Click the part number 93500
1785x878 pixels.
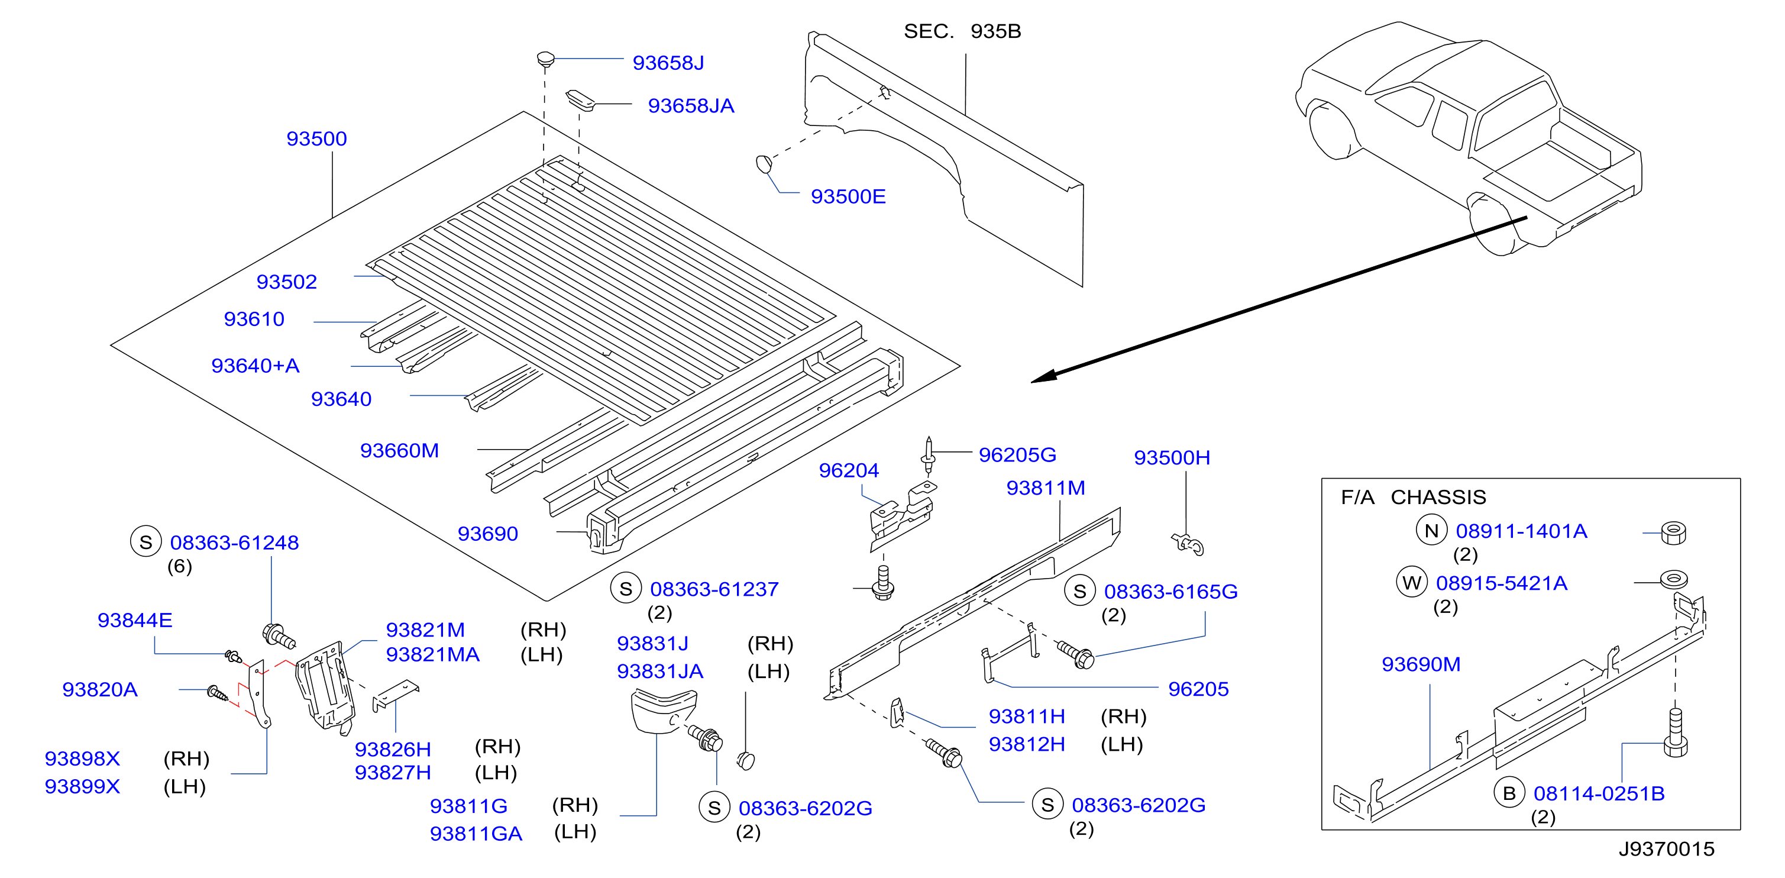tap(316, 138)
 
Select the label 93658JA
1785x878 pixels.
tap(691, 105)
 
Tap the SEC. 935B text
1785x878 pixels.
tap(962, 31)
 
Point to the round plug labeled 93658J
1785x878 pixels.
tap(546, 59)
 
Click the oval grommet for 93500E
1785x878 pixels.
tap(764, 164)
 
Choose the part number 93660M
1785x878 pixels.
tap(400, 450)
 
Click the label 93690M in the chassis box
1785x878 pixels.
tap(1421, 664)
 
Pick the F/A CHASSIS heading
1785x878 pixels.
tap(1414, 497)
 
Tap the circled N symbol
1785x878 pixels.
tap(1431, 531)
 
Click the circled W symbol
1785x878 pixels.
tap(1412, 583)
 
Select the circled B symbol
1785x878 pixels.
tap(1509, 793)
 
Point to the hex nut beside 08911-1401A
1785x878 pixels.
tap(1673, 533)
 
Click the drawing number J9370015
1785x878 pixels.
tap(1667, 849)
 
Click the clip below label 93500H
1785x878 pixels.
tap(1188, 544)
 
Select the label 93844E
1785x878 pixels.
tap(135, 619)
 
